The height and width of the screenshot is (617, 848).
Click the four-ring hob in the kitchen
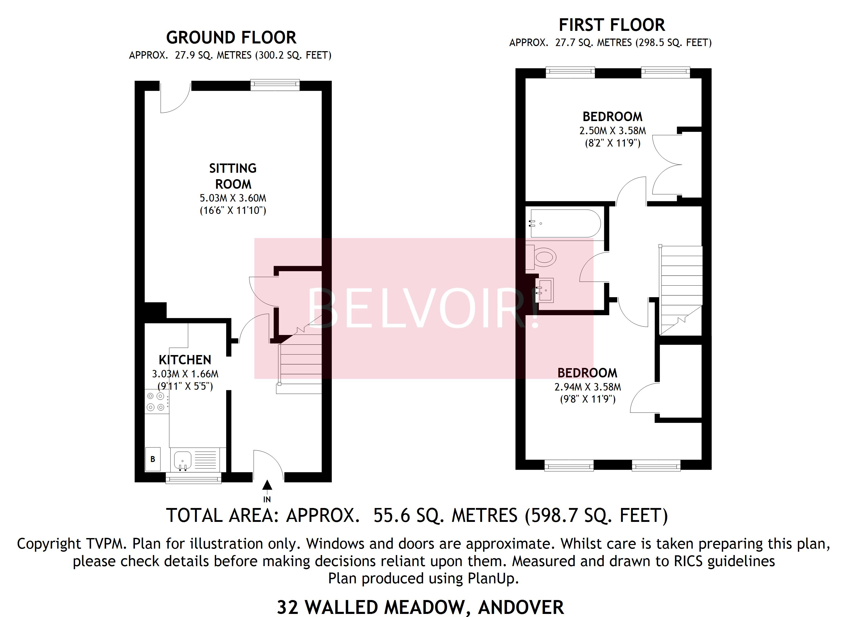coord(156,402)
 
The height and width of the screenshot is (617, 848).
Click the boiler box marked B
coord(153,459)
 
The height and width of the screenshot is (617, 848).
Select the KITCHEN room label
coord(185,360)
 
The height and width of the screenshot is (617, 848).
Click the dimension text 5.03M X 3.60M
coord(233,198)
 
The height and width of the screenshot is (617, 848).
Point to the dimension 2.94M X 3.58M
coord(587,387)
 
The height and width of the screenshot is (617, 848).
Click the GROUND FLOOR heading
coord(231,38)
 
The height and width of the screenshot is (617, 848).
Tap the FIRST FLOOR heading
coord(612,25)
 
